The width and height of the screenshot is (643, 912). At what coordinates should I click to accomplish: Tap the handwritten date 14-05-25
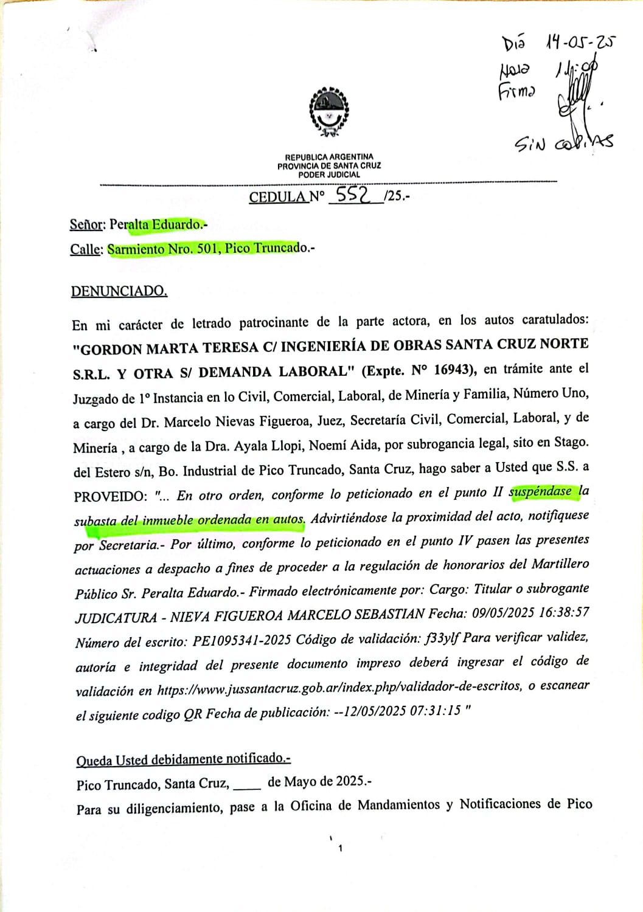click(x=580, y=42)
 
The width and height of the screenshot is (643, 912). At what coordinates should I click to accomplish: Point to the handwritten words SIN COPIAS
click(x=563, y=143)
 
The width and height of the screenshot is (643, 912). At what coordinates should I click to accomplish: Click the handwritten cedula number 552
click(x=354, y=194)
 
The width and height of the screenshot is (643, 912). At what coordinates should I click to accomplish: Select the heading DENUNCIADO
click(x=119, y=291)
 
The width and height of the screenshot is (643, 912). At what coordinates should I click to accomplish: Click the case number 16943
click(x=452, y=370)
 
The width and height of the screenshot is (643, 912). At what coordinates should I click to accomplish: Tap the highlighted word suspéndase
click(x=541, y=491)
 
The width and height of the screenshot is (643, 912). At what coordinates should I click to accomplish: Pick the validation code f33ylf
click(x=442, y=638)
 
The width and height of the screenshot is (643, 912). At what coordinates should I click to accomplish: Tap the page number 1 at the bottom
click(x=340, y=848)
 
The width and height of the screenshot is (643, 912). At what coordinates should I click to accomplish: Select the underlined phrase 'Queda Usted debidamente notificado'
click(x=183, y=759)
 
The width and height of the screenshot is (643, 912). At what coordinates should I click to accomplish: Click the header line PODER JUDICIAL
click(x=329, y=174)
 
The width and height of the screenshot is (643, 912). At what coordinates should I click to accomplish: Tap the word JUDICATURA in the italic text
click(x=116, y=618)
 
